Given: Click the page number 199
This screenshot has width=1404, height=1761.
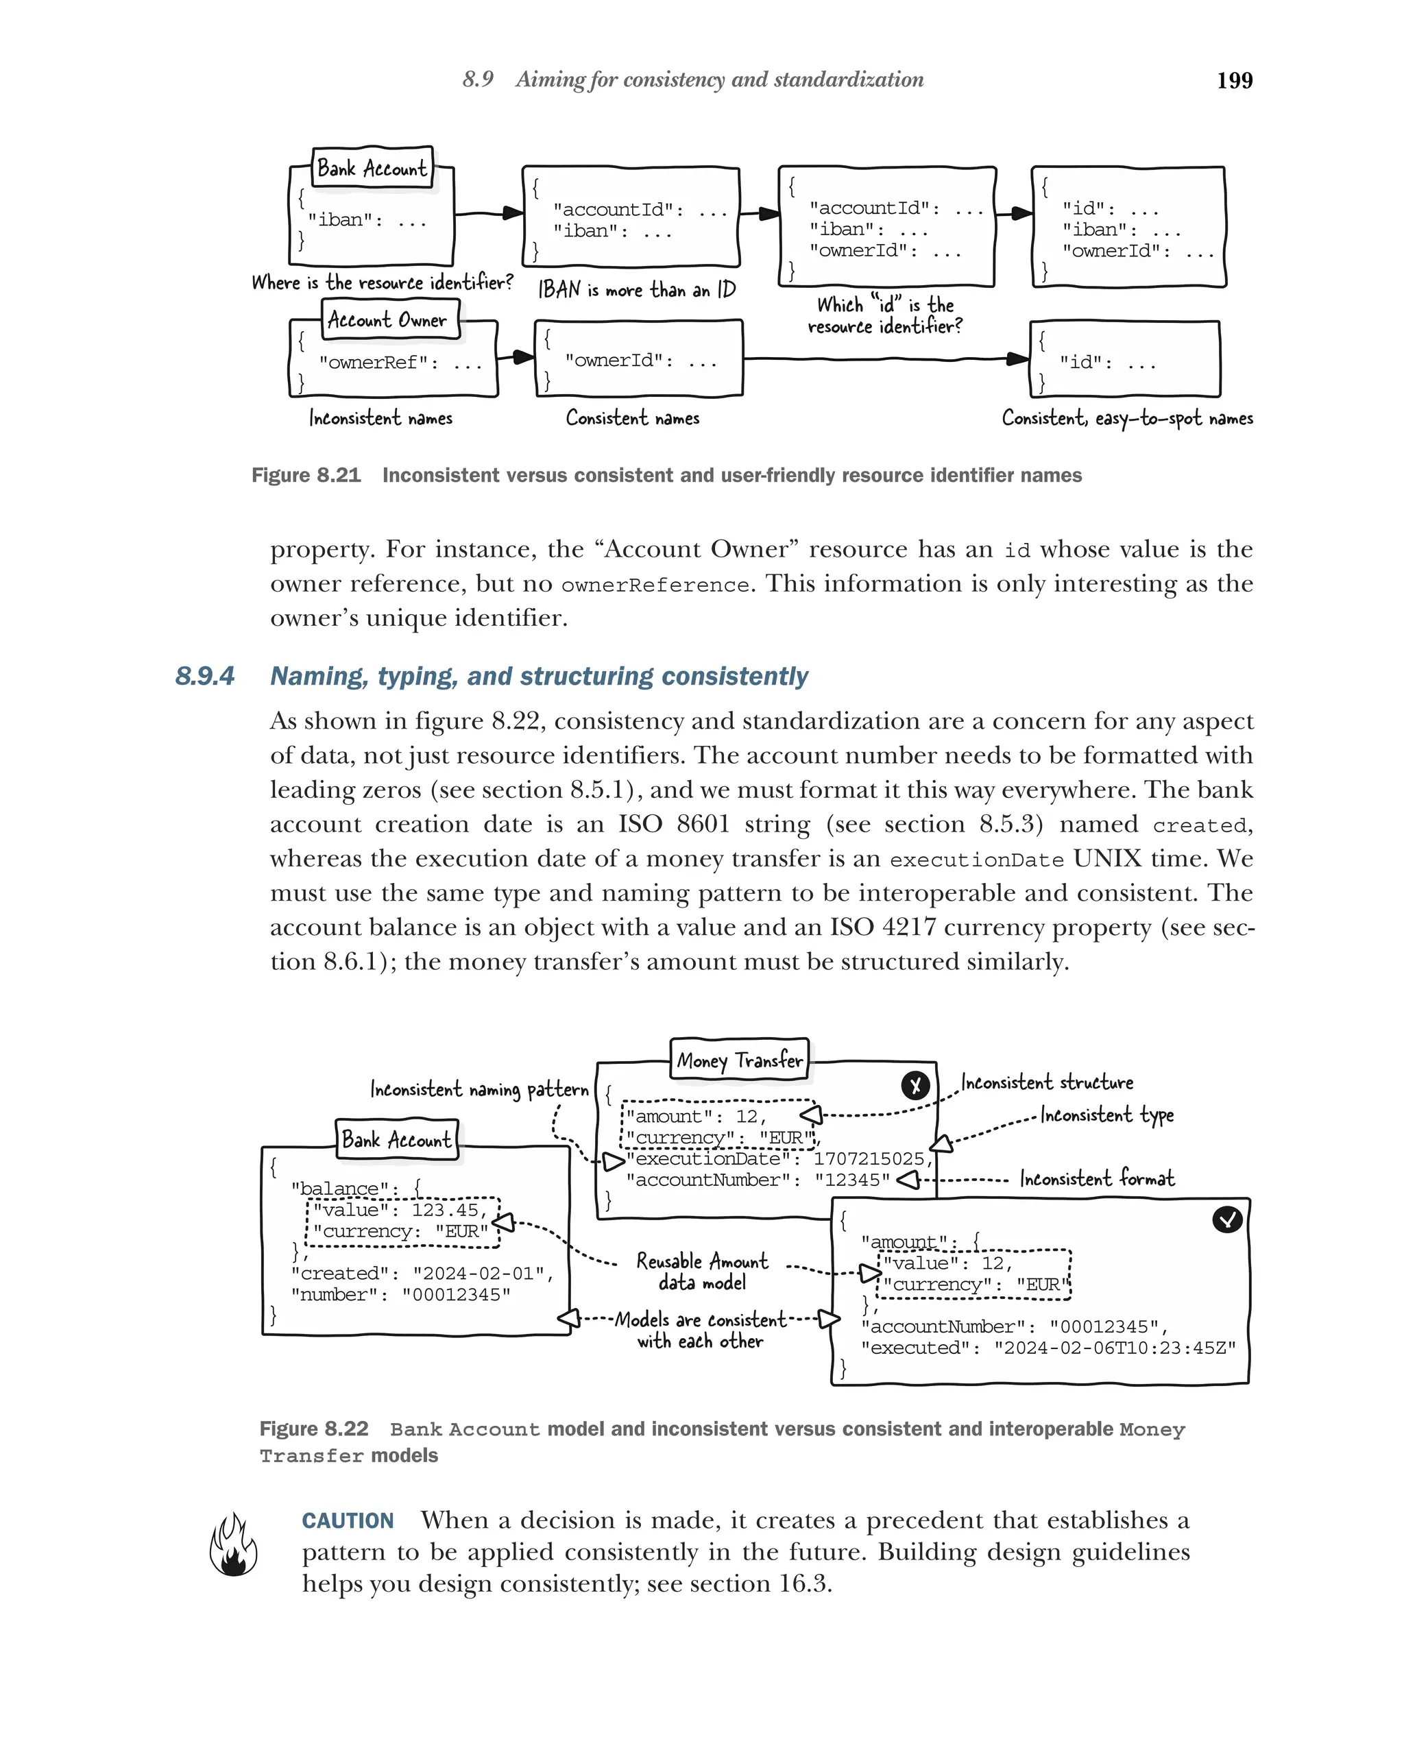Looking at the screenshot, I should (1233, 80).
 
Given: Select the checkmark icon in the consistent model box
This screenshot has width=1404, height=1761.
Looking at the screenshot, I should (1226, 1219).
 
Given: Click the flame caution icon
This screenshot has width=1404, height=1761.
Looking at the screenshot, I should (233, 1545).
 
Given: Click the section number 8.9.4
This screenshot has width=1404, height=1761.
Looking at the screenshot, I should (204, 677).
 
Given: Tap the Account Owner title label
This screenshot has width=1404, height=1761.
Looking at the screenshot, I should (388, 319).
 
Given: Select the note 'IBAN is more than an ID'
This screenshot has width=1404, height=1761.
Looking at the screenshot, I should (636, 290).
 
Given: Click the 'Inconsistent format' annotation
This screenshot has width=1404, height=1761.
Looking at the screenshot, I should (1096, 1178).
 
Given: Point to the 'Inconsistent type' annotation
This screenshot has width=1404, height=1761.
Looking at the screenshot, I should (1106, 1115).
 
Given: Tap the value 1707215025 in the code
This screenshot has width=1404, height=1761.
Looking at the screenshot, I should (871, 1159).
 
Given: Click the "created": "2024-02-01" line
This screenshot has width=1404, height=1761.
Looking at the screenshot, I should (422, 1274).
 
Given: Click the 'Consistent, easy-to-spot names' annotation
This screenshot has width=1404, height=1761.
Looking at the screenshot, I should (1126, 418).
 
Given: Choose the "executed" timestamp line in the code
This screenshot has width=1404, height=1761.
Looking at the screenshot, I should (1048, 1348).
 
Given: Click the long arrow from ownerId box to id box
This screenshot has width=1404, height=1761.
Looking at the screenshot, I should (882, 358).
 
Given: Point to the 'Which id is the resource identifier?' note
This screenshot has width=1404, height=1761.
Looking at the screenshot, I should (884, 315).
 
